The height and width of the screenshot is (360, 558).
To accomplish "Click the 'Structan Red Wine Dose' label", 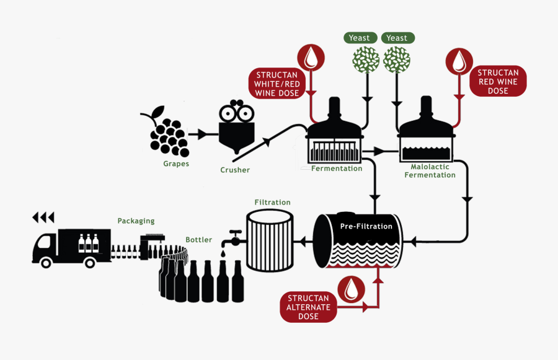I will coord(498,82).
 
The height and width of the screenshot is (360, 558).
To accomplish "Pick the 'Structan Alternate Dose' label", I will coord(308,307).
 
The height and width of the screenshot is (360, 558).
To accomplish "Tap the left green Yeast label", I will coord(360,38).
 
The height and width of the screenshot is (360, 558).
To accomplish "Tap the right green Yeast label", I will coord(397,38).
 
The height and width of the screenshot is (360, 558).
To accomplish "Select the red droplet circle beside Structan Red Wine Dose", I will coord(459,61).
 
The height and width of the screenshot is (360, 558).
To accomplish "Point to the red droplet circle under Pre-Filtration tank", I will coord(352,289).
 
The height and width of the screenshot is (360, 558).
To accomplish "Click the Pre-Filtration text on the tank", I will coord(366,226).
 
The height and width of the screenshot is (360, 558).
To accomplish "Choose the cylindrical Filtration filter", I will coord(270,240).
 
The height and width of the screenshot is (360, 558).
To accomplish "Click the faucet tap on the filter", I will coord(234,238).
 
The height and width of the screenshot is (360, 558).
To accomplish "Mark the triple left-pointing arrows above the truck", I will coord(43,217).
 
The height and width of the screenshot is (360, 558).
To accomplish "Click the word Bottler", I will coord(198,240).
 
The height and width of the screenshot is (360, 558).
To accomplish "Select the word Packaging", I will coord(136,221).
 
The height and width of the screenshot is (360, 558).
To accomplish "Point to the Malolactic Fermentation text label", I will coord(430,171).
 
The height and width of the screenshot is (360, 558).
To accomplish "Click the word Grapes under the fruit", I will coord(176,164).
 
